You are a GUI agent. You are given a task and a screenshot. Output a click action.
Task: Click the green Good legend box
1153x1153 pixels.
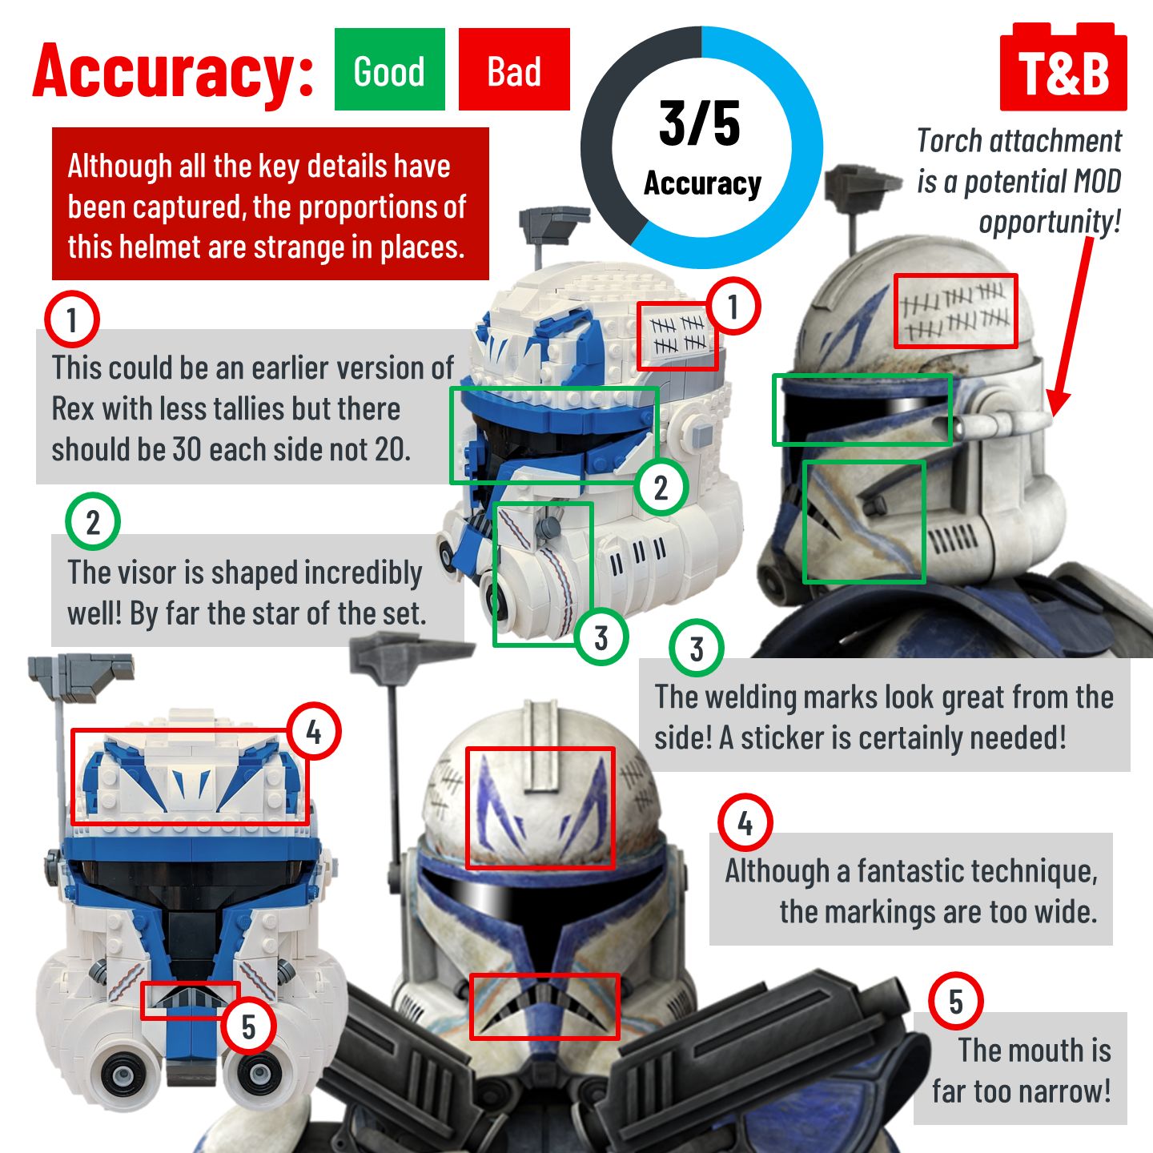coord(389,70)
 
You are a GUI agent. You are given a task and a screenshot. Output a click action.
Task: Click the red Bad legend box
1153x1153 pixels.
coord(514,70)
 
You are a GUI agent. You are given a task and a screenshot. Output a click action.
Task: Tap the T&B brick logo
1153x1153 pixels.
coord(1063,70)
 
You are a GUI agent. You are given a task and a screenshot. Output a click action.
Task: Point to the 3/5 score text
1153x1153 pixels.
coord(700,124)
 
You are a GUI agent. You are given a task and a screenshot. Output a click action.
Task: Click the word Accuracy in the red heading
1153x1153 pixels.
coord(173,70)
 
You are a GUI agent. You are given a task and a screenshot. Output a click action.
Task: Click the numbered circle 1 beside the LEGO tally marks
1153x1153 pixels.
coord(732,306)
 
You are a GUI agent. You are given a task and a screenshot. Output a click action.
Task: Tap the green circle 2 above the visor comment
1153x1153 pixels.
coord(93,522)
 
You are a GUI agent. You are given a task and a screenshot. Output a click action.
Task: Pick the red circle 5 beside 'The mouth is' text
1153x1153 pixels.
coord(956,1002)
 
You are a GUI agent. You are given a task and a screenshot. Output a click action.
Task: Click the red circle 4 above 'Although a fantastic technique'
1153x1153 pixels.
coord(745,822)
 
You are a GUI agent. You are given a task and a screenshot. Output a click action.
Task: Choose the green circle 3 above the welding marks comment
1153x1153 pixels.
coord(697,649)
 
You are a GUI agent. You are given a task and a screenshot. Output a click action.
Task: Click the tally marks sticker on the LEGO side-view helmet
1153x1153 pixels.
coord(677,335)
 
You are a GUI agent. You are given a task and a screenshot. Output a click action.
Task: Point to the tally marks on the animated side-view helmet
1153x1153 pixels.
coord(955,311)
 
